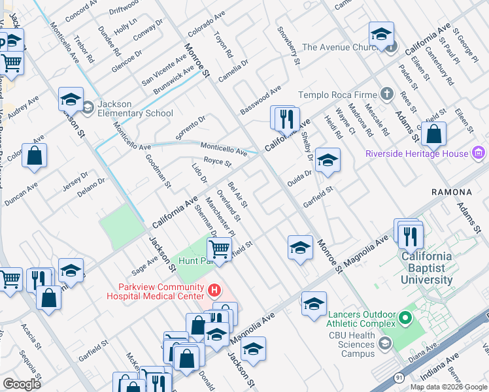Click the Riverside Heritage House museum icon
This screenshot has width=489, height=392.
click(478, 154)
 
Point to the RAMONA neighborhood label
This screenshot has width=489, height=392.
click(452, 192)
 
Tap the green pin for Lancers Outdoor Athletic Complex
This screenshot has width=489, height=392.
click(405, 319)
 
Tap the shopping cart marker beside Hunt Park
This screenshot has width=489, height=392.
click(220, 249)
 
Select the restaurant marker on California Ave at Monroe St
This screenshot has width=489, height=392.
click(285, 118)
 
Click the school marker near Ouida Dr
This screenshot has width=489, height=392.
click(328, 160)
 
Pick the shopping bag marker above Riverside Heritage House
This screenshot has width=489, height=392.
click(433, 135)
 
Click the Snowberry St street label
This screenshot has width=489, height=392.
click(288, 46)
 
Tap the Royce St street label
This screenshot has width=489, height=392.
click(218, 162)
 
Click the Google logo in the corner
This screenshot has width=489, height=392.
click(22, 384)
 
